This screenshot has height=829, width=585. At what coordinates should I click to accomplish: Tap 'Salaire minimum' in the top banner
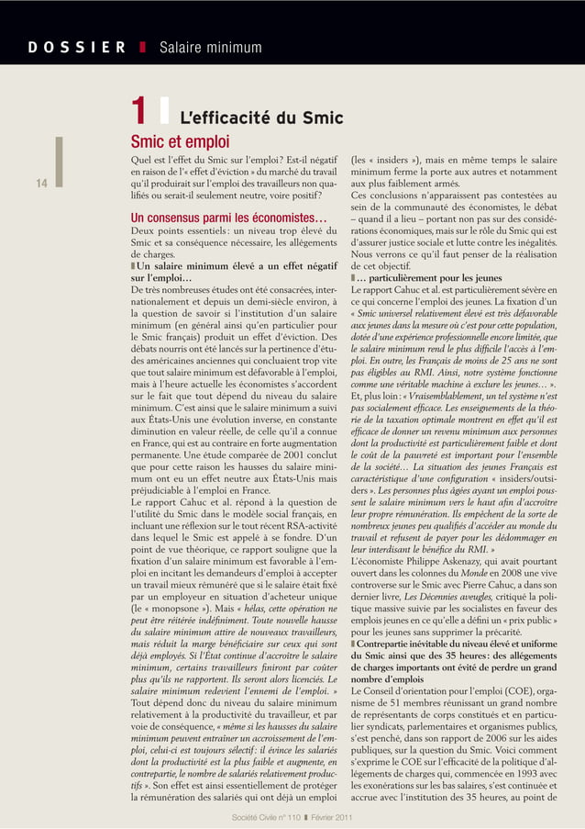point(210,48)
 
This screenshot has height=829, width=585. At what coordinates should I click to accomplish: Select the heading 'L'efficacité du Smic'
point(261,118)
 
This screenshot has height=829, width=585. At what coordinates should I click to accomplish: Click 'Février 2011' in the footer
point(330,818)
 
